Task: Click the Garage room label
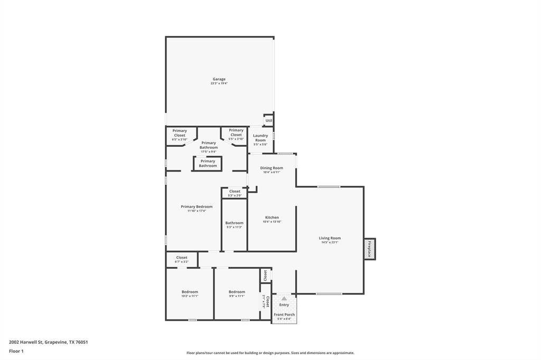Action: point(219,79)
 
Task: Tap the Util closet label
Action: point(269,121)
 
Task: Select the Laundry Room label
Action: point(260,138)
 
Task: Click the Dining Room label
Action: point(272,168)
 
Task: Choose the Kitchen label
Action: point(272,217)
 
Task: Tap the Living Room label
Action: point(330,238)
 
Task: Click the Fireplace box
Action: point(369,249)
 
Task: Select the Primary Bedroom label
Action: point(197,206)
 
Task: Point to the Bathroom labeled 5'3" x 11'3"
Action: point(234,224)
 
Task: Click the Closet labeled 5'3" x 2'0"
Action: point(235,193)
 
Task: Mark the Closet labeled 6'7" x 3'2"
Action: point(182,259)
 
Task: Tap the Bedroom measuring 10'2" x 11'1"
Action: point(190,293)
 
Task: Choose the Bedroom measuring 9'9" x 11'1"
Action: point(237,293)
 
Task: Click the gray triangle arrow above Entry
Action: point(284,298)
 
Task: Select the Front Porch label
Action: point(284,315)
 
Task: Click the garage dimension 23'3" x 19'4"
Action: point(219,83)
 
